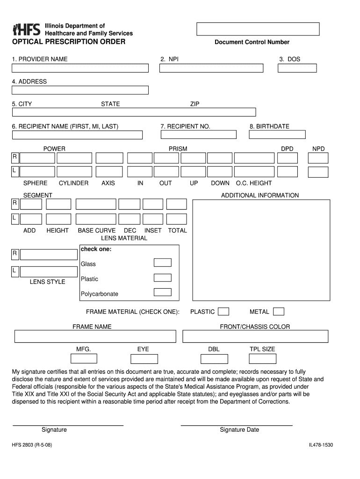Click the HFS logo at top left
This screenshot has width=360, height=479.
click(x=27, y=29)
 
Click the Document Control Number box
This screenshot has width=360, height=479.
click(x=258, y=29)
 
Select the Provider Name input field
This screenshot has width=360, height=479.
click(x=80, y=68)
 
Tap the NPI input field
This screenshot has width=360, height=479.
click(x=211, y=68)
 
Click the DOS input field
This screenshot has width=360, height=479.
click(x=297, y=68)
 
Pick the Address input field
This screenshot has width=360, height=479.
click(x=80, y=90)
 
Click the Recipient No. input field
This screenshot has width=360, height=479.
click(x=199, y=135)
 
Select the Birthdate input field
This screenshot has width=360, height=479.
click(x=277, y=135)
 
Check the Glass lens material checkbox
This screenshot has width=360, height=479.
click(x=163, y=262)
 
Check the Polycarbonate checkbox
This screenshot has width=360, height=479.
click(x=163, y=292)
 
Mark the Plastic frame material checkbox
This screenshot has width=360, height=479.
click(x=224, y=312)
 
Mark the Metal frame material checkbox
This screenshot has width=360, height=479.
click(x=279, y=312)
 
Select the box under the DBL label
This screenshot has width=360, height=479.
click(x=214, y=359)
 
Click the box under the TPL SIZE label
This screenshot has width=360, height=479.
click(x=262, y=359)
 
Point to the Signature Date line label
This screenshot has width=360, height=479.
click(x=239, y=430)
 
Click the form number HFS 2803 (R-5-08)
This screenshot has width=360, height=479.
click(x=32, y=446)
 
